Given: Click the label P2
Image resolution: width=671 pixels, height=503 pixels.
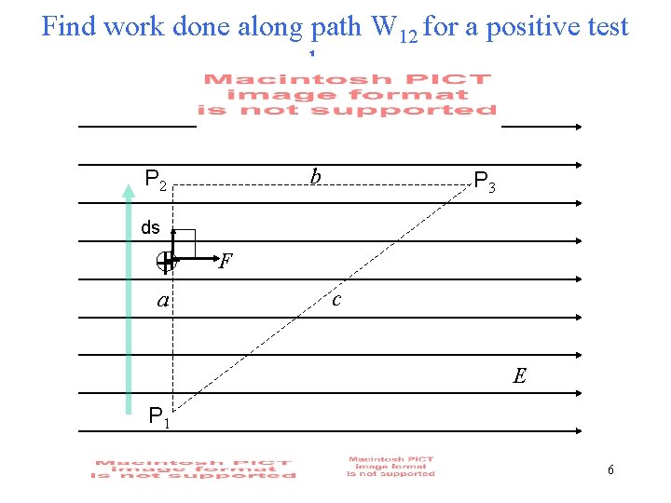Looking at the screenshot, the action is [156, 178].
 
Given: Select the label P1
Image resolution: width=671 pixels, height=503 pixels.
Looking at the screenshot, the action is [159, 418].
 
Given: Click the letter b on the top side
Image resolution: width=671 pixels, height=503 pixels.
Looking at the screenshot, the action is [316, 176].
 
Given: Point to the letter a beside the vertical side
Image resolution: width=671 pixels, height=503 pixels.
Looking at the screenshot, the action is [163, 301].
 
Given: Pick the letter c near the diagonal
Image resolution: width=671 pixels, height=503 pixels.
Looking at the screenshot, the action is [335, 299].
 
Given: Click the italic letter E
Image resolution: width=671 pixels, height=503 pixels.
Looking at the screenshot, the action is [519, 376].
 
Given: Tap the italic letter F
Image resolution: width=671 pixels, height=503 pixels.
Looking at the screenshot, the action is [224, 262].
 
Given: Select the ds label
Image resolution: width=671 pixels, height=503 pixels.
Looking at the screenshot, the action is [150, 227].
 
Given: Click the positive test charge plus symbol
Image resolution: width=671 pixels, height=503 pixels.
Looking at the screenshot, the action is [167, 264].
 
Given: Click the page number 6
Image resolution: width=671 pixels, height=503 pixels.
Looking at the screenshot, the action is [610, 469].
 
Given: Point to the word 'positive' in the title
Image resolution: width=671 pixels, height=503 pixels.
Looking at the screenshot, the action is [542, 26].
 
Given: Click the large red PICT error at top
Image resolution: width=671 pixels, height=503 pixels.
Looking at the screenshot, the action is [349, 94].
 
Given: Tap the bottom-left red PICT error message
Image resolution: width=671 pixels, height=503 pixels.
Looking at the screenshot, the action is [193, 469].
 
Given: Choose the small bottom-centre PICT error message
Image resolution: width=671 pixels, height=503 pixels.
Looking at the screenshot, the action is [390, 466].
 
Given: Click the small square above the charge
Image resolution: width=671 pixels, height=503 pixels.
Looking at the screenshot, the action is [184, 242].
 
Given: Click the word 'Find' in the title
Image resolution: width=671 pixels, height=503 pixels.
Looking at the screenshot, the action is [70, 26].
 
